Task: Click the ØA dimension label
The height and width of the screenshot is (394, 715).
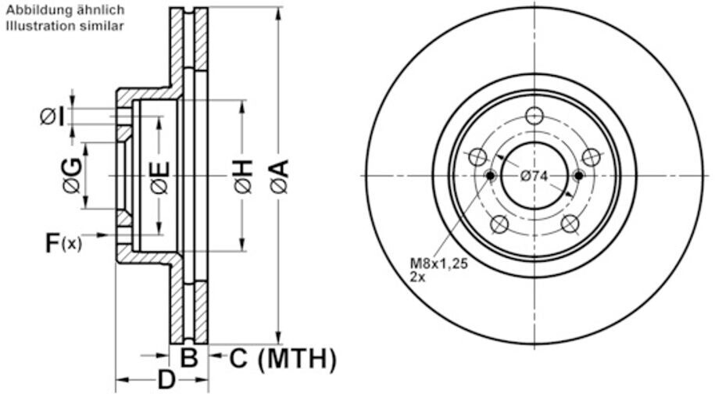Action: tap(279, 176)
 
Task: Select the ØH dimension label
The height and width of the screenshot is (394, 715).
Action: tap(242, 176)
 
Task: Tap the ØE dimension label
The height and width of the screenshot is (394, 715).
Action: tap(159, 177)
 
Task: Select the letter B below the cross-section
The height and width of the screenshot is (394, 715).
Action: tap(189, 359)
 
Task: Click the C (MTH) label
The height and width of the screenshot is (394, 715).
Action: tap(283, 359)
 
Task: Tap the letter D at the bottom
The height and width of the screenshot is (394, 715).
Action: tap(166, 381)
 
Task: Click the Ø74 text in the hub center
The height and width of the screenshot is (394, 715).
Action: tap(534, 177)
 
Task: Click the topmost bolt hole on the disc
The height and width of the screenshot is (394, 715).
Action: tap(534, 116)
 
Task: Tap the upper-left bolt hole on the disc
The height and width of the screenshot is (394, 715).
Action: tap(476, 157)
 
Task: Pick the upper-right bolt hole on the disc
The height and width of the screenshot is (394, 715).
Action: tap(592, 157)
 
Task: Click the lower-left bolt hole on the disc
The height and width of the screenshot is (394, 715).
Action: tap(499, 225)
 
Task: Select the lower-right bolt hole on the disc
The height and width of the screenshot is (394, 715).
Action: tap(570, 225)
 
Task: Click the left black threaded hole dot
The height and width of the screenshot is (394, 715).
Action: tap(491, 175)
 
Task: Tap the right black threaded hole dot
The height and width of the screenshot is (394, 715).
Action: tap(578, 175)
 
